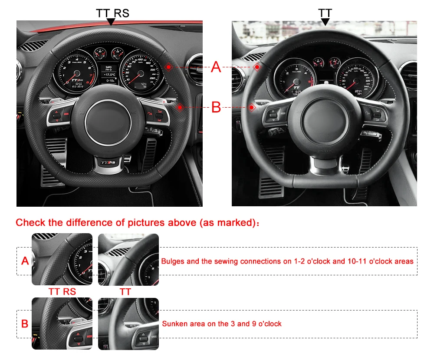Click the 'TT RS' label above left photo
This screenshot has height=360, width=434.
112,13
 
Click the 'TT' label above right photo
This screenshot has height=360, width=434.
325,13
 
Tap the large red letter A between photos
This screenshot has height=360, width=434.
216,67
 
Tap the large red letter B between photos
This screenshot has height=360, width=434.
216,107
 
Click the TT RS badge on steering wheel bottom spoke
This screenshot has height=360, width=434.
108,163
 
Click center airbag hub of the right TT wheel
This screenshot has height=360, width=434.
325,119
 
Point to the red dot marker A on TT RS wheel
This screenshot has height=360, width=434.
168,66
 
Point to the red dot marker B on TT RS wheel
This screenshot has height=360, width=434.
179,107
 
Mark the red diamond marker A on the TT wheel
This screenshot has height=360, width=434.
257,67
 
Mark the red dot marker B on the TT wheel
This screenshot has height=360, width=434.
251,107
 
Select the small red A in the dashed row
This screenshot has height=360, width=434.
25,261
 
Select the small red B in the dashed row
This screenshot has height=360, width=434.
25,324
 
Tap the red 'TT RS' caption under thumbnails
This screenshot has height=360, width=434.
62,291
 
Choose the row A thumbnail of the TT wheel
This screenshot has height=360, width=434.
128,259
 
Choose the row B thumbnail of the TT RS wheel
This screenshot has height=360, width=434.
62,323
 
